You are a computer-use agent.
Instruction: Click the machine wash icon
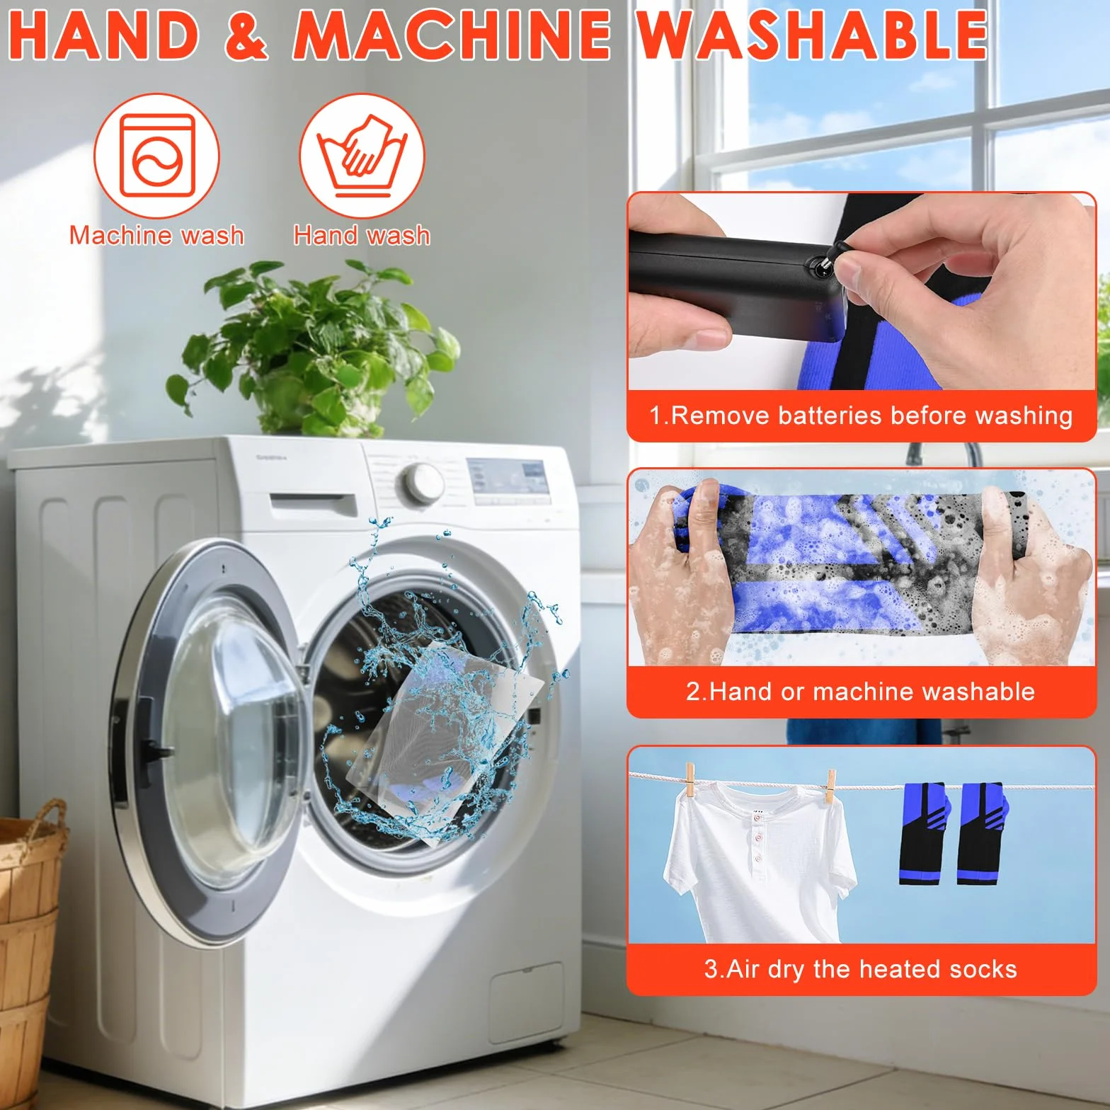(x=156, y=156)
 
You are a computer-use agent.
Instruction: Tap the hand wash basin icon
(x=362, y=156)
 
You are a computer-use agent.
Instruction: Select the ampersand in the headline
(x=246, y=35)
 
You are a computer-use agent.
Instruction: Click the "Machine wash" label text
(x=156, y=235)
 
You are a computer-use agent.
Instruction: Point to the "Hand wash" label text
(x=362, y=235)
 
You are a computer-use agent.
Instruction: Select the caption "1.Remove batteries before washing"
(x=861, y=416)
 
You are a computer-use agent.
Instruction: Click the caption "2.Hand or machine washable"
(x=861, y=692)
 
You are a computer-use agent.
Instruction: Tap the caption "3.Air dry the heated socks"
(x=861, y=969)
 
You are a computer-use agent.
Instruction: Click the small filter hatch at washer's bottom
(x=526, y=992)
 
